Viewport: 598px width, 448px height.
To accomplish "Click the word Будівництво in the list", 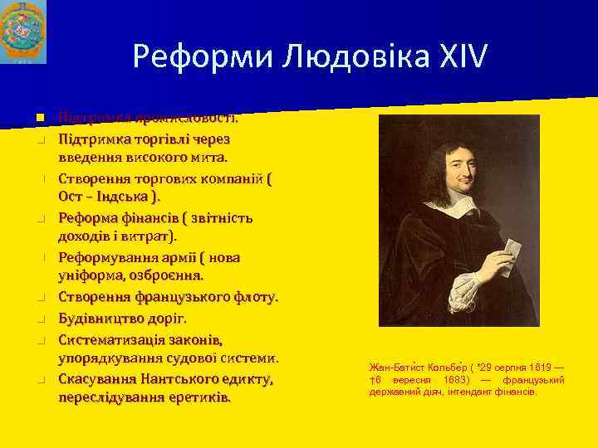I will [102, 318].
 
